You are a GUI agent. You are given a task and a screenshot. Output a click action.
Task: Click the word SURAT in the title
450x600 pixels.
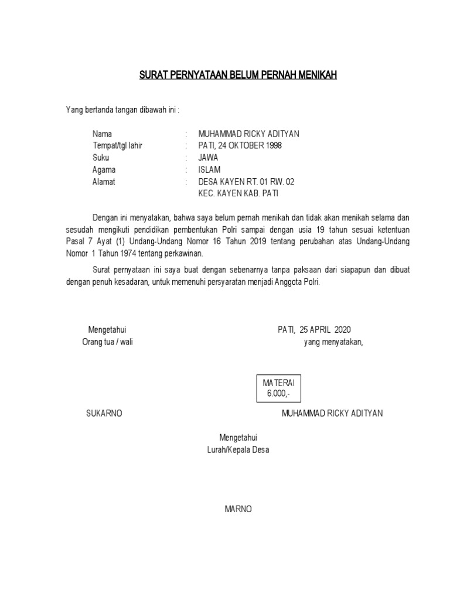[x=151, y=75]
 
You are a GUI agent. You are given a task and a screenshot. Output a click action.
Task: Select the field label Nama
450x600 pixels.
[x=102, y=134]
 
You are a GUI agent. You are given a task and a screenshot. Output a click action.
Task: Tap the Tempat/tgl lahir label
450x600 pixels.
[x=117, y=146]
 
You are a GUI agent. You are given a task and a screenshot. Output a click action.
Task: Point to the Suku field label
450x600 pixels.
[x=101, y=158]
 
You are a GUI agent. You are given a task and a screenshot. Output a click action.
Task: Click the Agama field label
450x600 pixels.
[x=104, y=170]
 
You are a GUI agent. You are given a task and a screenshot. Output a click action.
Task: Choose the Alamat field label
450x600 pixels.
[x=104, y=182]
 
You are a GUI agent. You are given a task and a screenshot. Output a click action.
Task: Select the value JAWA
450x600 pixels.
[x=208, y=158]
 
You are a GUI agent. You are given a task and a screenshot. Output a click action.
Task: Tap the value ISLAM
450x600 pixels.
[x=209, y=170]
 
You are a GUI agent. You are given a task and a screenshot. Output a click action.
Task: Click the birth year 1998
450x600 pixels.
[x=272, y=146]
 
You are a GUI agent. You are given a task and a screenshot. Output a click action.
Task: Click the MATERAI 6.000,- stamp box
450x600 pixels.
[x=278, y=388]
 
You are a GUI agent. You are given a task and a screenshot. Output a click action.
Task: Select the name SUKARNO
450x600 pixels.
[x=104, y=413]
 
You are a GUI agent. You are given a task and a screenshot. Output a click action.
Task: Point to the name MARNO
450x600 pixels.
[x=238, y=509]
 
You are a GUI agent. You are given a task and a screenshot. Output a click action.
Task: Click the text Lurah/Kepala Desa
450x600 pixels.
[x=238, y=450]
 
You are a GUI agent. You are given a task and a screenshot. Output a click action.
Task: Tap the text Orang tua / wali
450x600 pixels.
[x=107, y=342]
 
